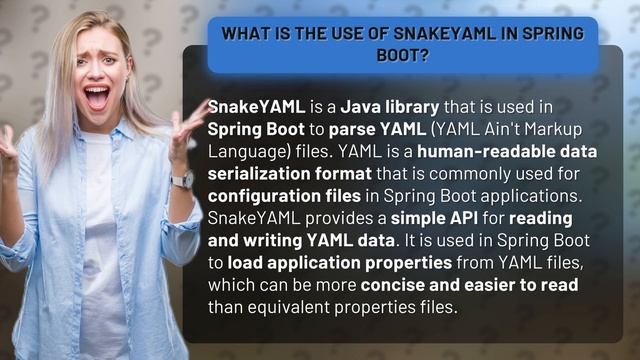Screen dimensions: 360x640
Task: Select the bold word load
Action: click(x=246, y=264)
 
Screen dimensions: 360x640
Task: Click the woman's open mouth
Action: click(x=98, y=97)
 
